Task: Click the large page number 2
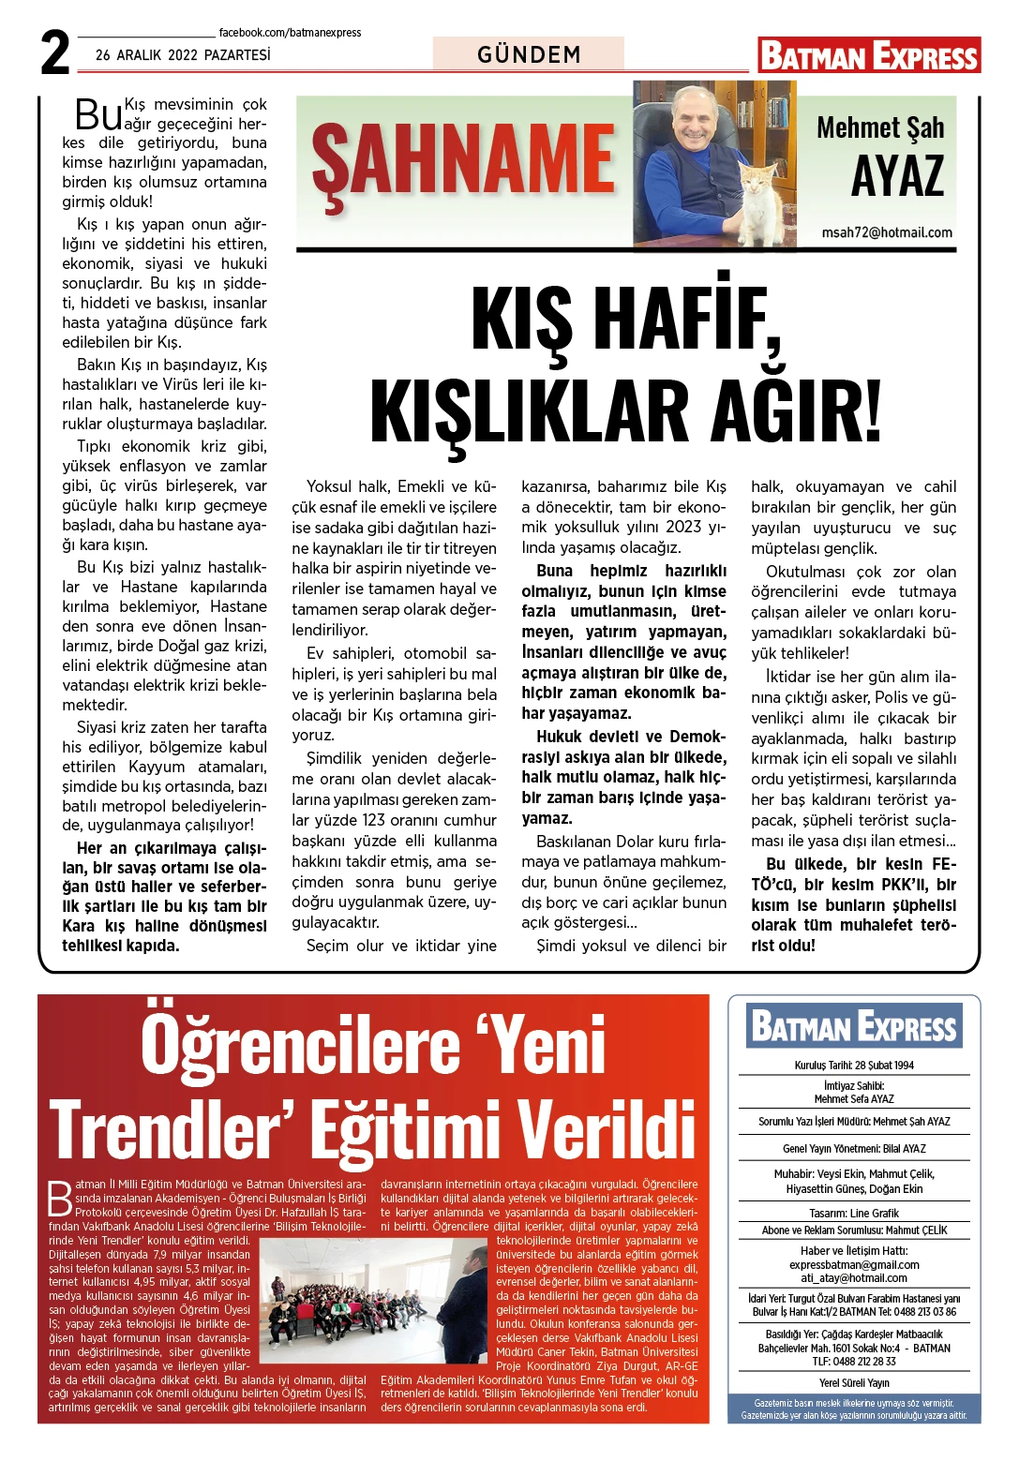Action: (x=55, y=53)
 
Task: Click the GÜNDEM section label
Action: (x=529, y=54)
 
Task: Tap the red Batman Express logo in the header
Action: (x=869, y=56)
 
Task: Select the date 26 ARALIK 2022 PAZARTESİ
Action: (x=183, y=55)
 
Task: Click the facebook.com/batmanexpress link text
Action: (x=290, y=32)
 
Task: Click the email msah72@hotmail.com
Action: (x=887, y=232)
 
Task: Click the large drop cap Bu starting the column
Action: (x=98, y=115)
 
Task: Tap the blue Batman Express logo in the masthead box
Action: (x=854, y=1026)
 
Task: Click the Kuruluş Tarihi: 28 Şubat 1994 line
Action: (x=854, y=1065)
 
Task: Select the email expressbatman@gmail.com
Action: (x=854, y=1264)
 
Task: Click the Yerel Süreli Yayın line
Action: (x=854, y=1382)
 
